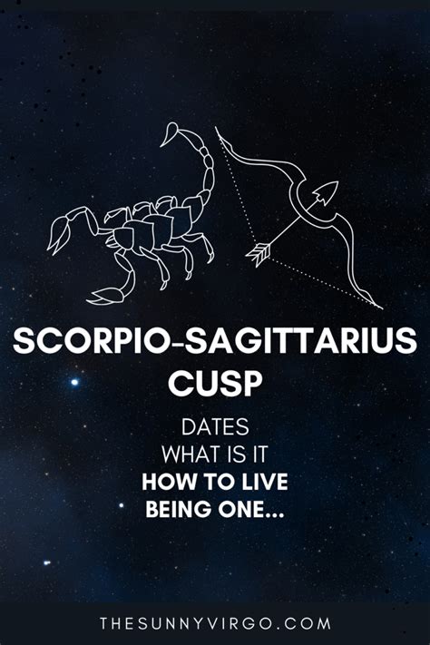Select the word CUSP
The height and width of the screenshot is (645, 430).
tap(215, 384)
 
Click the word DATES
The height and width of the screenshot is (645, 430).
tap(215, 427)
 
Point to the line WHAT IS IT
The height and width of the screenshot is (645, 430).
tap(215, 454)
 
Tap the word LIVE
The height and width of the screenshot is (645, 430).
tap(264, 482)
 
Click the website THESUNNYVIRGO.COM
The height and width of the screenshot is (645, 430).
tap(215, 623)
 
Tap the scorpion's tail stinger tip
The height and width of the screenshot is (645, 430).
tap(161, 145)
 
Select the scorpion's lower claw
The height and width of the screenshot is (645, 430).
tap(105, 296)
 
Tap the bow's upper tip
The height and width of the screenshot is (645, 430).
tap(216, 128)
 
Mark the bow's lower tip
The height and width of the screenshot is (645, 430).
tap(382, 308)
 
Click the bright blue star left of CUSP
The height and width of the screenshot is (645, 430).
tap(74, 382)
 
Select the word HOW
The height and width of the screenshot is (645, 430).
tap(161, 482)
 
